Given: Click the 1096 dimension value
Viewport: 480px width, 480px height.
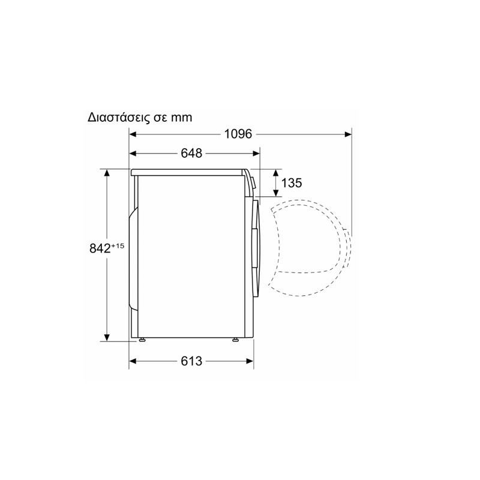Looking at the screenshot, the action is coord(238,134).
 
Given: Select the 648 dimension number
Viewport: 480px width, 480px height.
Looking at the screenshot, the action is coord(191,153).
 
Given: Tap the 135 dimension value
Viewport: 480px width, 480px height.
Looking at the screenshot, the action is coord(292,183).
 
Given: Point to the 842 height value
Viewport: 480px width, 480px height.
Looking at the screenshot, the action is coord(100,248).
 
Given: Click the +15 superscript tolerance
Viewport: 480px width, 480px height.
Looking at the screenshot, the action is coord(118,245).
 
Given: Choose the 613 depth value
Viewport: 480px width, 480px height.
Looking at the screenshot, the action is coord(191,361).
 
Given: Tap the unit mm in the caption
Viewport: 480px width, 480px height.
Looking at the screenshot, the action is coord(182,118).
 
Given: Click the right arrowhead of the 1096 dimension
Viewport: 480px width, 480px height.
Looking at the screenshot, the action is coord(348,134).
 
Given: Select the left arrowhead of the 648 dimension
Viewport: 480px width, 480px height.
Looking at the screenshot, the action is coord(133,154).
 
